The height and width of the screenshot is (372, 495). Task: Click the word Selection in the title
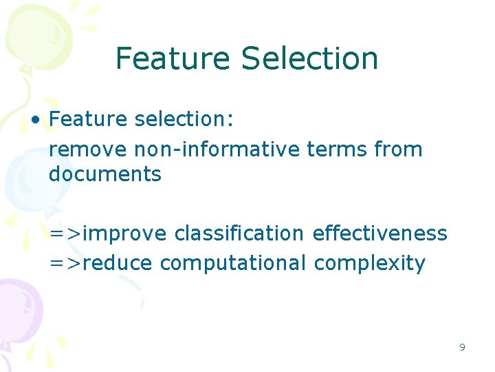tap(309, 59)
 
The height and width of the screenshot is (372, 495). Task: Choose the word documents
tap(104, 174)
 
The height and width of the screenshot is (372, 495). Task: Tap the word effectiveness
tap(379, 234)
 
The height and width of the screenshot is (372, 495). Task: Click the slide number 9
tap(462, 347)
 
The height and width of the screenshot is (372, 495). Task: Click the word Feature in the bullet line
tap(88, 119)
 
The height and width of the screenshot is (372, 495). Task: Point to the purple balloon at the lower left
tap(17, 310)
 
